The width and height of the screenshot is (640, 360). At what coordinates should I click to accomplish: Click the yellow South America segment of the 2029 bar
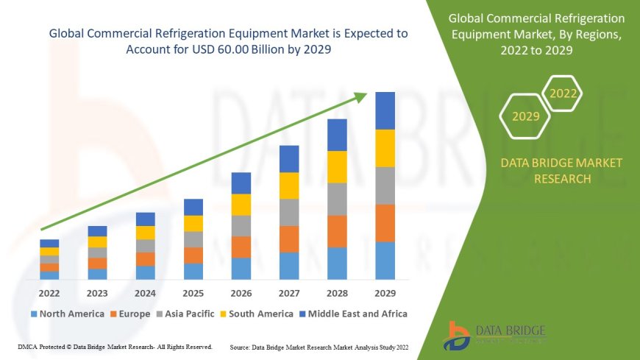point(385,148)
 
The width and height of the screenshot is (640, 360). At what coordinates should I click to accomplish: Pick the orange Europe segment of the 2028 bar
point(337,231)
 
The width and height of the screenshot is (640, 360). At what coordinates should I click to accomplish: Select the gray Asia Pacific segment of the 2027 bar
point(289,212)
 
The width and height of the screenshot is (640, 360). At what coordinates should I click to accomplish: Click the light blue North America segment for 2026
point(241,269)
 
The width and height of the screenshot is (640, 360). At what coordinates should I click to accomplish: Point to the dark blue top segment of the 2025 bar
point(193,207)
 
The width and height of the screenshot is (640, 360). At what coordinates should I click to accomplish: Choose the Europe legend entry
point(132,314)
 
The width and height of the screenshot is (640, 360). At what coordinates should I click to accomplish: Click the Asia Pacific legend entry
point(187,314)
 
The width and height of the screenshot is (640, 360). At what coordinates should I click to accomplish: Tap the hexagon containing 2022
point(563,93)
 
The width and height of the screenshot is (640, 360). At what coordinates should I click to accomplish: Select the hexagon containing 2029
point(525,116)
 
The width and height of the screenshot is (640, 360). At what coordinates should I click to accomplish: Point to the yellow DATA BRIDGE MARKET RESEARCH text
point(561,170)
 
